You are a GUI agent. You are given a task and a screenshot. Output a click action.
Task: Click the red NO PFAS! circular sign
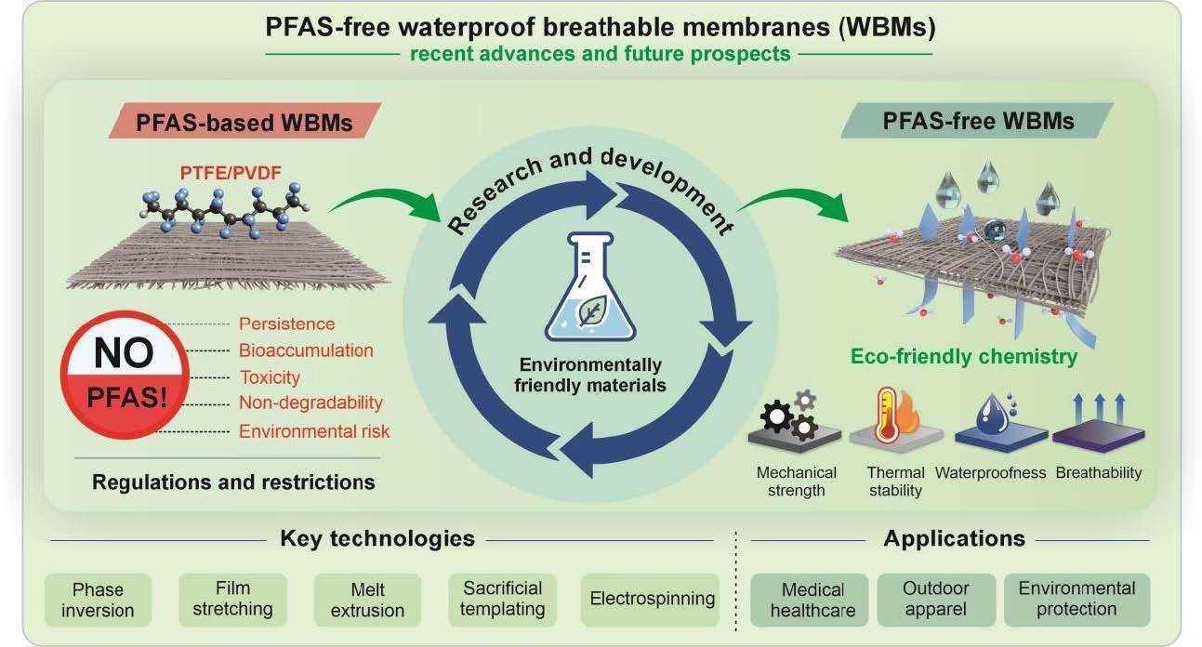pyautogui.click(x=125, y=375)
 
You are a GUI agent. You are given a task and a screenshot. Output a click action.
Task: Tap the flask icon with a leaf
pyautogui.click(x=590, y=287)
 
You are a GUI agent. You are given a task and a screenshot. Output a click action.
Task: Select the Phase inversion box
pyautogui.click(x=98, y=600)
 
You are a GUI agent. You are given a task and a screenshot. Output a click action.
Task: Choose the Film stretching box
pyautogui.click(x=233, y=600)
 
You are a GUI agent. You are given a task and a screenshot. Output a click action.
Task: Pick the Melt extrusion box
pyautogui.click(x=367, y=600)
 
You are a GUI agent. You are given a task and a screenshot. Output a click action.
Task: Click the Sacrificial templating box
pyautogui.click(x=502, y=600)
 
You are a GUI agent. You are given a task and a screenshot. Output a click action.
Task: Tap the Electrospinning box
pyautogui.click(x=651, y=600)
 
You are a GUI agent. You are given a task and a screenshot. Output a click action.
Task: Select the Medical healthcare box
pyautogui.click(x=809, y=600)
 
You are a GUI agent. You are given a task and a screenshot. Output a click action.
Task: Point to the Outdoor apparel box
pyautogui.click(x=936, y=600)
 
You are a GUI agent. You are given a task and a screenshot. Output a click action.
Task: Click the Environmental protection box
pyautogui.click(x=1077, y=600)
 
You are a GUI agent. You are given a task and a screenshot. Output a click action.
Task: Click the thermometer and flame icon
pyautogui.click(x=897, y=415)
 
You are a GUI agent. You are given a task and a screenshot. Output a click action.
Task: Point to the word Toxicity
pyautogui.click(x=270, y=377)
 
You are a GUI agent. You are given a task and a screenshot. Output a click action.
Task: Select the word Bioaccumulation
pyautogui.click(x=306, y=350)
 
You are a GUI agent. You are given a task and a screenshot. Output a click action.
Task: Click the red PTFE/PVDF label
pyautogui.click(x=231, y=173)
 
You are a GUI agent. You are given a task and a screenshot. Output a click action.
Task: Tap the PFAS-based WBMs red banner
pyautogui.click(x=244, y=121)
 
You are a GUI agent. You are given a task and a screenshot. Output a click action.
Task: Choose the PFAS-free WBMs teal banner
pyautogui.click(x=977, y=121)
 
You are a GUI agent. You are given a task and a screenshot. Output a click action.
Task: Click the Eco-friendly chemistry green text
pyautogui.click(x=964, y=357)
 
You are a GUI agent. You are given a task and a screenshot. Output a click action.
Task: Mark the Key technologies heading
pyautogui.click(x=377, y=538)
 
